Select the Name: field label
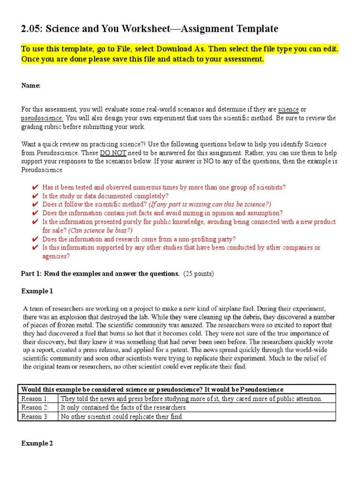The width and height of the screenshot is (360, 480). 31,85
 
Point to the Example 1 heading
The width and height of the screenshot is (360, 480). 37,291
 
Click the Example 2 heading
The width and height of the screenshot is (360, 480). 37,443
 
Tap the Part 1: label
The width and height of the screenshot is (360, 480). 32,274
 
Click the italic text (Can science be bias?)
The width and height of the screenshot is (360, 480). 100,230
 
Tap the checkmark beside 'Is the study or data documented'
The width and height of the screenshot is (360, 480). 35,196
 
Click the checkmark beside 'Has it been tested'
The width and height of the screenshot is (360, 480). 35,187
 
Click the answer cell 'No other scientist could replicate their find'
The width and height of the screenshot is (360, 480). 122,416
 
